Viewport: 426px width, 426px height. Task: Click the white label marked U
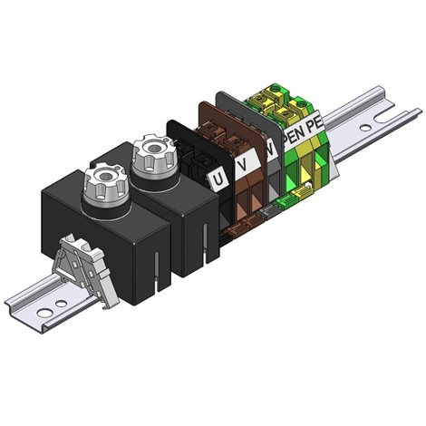(x=218, y=179)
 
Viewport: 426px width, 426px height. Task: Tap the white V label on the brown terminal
(x=244, y=165)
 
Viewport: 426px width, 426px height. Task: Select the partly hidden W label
(x=272, y=150)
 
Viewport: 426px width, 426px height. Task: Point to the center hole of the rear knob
(x=155, y=148)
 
